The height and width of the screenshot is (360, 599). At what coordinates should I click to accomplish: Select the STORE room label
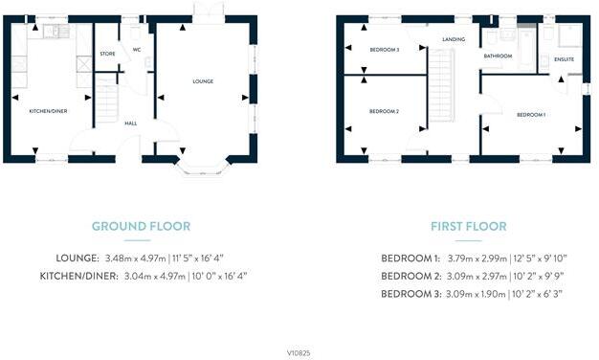point(107,54)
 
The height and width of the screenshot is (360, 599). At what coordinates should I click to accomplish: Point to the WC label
point(137,49)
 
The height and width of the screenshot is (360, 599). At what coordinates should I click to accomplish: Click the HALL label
point(130,123)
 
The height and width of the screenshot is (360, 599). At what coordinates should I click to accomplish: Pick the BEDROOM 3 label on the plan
point(385,49)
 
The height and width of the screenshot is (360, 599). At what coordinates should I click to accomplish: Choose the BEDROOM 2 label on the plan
point(384,112)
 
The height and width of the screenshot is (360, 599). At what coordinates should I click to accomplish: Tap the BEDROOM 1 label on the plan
point(531,114)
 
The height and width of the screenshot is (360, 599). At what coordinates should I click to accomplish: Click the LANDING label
point(453,39)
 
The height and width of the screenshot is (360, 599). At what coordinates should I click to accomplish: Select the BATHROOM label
point(498,56)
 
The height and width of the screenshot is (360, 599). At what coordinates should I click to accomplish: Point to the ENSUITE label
point(564,59)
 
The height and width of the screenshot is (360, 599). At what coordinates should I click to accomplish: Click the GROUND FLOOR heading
point(141,227)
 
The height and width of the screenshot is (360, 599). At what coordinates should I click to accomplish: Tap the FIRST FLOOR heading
point(468,227)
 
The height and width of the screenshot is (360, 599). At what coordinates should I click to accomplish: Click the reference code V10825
point(299,352)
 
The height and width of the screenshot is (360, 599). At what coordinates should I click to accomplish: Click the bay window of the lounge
point(203,169)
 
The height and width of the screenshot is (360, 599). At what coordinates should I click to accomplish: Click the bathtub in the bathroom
point(526,47)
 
